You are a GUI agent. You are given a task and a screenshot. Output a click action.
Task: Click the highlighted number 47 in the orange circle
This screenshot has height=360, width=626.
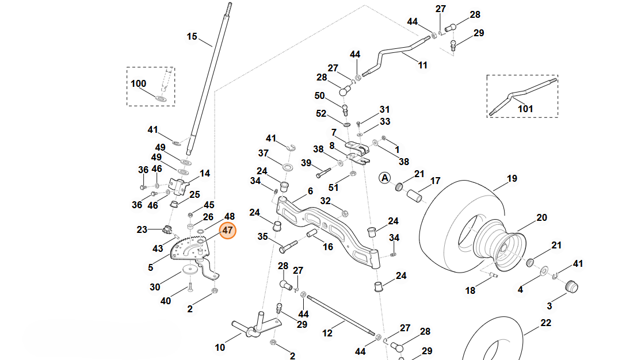pyautogui.click(x=228, y=231)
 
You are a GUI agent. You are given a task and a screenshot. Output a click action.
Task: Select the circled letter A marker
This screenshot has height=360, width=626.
pyautogui.click(x=384, y=178)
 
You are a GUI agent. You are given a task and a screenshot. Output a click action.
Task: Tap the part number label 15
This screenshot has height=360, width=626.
pyautogui.click(x=192, y=37)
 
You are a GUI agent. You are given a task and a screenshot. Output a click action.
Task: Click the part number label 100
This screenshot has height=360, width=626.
pyautogui.click(x=139, y=83)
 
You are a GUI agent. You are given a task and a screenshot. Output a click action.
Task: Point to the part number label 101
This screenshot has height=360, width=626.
pyautogui.click(x=525, y=109)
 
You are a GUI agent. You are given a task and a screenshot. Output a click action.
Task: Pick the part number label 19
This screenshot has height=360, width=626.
pyautogui.click(x=512, y=179)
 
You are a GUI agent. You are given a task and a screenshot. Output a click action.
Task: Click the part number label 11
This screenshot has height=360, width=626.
pyautogui.click(x=423, y=66)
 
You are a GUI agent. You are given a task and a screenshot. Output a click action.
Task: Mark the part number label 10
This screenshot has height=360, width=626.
pyautogui.click(x=220, y=347)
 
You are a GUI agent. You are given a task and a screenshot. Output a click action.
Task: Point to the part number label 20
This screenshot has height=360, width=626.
pyautogui.click(x=541, y=218)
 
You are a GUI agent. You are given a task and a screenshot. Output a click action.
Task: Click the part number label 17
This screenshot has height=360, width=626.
pyautogui.click(x=436, y=181)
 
